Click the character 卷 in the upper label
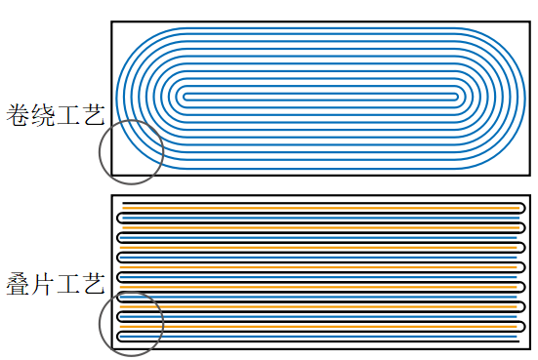tap(18, 115)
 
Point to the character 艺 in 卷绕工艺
tap(93, 115)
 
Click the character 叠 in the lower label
tap(18, 284)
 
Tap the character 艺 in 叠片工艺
tap(93, 284)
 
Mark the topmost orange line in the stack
tap(321, 208)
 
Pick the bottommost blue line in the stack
tap(318, 337)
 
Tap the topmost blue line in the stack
tap(321, 218)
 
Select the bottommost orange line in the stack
tap(318, 327)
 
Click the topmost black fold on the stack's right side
tap(525, 208)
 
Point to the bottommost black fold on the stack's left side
tap(117, 337)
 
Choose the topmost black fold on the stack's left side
tap(117, 218)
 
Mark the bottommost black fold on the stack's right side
tap(525, 327)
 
